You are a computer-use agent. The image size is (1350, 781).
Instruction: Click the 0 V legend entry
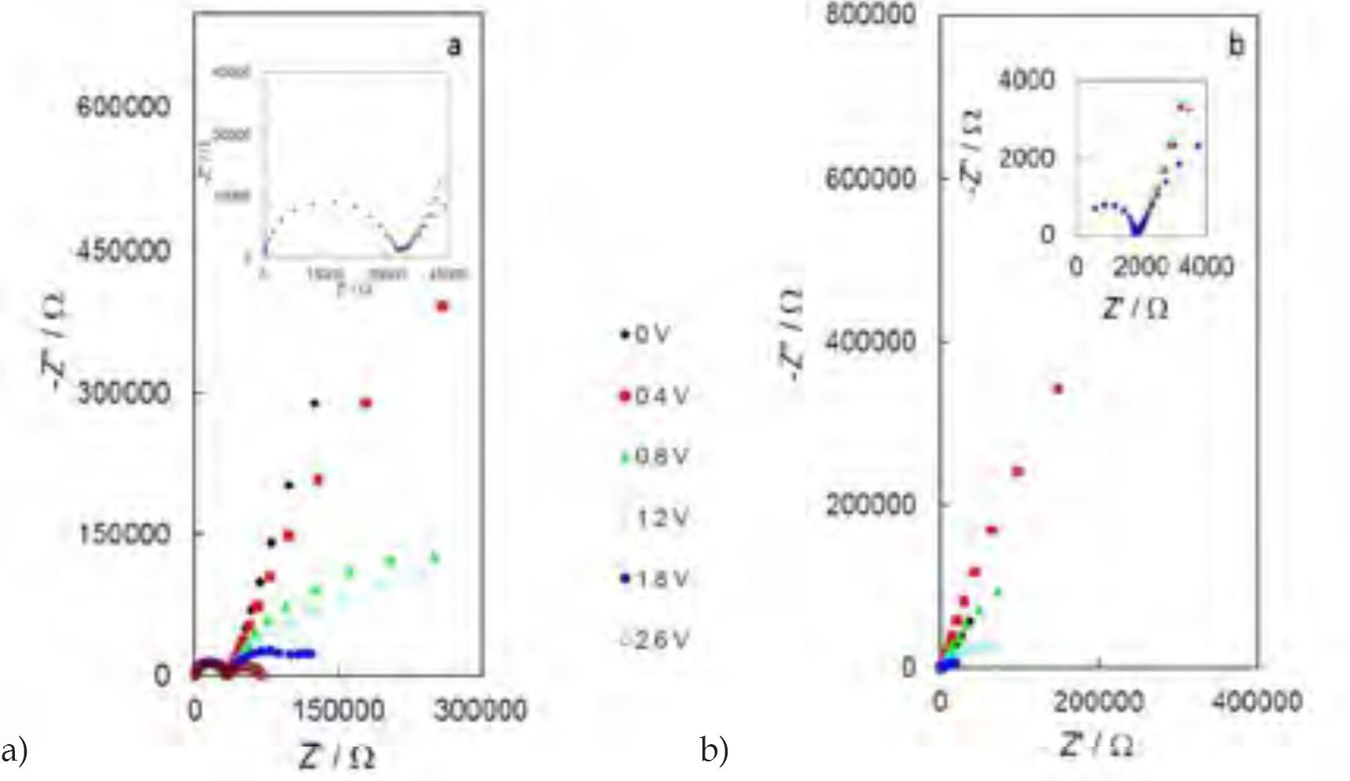point(651,335)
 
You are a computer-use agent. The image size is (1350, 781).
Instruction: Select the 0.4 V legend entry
point(661,396)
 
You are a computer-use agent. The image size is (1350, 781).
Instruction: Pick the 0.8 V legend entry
point(661,457)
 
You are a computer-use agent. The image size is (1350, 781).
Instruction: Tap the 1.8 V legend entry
point(661,580)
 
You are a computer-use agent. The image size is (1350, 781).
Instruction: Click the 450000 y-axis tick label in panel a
point(123,251)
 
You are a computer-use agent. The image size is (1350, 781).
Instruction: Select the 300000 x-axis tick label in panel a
point(481,710)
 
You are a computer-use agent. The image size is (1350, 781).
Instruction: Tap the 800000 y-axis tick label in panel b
point(871,15)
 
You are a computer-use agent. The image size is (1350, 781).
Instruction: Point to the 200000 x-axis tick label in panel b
point(1098,702)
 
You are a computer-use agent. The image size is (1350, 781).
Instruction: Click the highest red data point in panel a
point(442,306)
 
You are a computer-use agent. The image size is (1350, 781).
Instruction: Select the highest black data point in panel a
point(315,403)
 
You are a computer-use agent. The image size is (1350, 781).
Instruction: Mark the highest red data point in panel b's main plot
point(1058,389)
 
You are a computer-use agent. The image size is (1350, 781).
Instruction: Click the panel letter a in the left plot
point(454,47)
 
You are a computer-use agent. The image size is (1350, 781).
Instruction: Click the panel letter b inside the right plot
point(1236,46)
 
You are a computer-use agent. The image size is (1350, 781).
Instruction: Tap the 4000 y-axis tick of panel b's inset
point(1035,79)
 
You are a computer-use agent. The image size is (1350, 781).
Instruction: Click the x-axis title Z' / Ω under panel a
point(337,757)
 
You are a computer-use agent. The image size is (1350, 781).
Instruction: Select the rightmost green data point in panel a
point(435,558)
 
